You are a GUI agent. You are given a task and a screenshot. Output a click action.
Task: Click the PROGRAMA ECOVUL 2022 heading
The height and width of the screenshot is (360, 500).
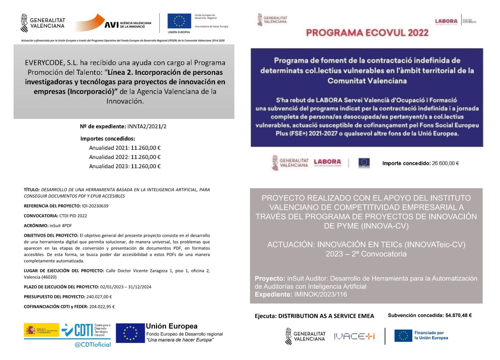point(367,33)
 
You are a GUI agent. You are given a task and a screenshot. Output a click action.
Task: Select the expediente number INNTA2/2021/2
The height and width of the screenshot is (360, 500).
point(147,126)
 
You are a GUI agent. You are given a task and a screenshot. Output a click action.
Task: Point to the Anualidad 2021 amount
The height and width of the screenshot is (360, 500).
point(145,148)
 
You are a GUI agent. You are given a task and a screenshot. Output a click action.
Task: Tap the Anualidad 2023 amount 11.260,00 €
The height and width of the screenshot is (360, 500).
point(145,166)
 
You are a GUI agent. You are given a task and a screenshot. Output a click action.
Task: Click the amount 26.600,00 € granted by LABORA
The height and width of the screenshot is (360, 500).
point(445,163)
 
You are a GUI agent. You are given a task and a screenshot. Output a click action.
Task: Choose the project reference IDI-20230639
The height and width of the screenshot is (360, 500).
point(95,206)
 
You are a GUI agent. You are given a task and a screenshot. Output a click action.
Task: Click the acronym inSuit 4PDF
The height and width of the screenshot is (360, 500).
point(61,225)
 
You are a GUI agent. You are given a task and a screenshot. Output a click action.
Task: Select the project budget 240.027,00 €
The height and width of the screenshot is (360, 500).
point(99,297)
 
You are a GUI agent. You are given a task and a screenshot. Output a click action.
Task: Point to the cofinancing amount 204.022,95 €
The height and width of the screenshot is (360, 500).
point(102,307)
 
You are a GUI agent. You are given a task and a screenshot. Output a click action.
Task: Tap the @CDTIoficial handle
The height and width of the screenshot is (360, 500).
point(92,344)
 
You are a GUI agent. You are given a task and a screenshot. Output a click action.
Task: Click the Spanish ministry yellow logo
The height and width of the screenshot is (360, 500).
point(42,330)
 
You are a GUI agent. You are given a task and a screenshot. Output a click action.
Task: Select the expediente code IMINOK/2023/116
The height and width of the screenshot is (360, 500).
point(320,294)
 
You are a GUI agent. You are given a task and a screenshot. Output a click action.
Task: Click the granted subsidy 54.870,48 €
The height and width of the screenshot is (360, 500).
point(458,316)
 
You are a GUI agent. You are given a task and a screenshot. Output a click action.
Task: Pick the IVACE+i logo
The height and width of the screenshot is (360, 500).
point(354,336)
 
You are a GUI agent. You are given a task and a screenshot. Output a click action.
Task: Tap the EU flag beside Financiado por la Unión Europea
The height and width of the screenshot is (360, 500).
point(403,336)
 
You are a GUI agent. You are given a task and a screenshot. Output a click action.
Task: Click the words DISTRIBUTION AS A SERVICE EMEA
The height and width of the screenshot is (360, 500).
point(326,316)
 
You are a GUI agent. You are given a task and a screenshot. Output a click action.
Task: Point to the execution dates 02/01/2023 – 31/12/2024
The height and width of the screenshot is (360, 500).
point(126,287)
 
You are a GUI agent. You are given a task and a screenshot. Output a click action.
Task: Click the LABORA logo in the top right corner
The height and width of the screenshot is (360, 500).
point(446,21)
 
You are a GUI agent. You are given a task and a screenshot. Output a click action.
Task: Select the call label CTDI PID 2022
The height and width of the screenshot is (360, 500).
point(73,216)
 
